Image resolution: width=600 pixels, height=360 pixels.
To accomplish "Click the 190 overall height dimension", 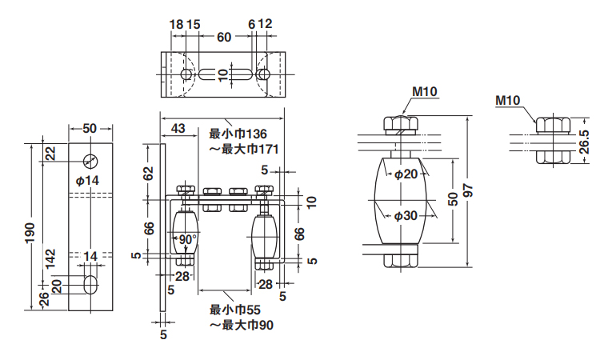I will click(x=29, y=227).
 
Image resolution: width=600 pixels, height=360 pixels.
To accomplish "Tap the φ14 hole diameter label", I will click(x=87, y=181).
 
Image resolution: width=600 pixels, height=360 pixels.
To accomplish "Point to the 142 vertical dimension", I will click(x=50, y=258).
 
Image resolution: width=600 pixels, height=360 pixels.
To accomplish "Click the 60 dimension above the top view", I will click(x=224, y=36).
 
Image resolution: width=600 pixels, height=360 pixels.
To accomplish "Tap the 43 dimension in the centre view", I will click(x=178, y=128).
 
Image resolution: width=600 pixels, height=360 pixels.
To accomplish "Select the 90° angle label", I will click(x=186, y=239).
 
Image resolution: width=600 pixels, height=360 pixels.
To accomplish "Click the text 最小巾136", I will click(x=237, y=134).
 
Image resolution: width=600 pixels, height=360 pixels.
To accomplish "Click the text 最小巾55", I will click(x=233, y=310).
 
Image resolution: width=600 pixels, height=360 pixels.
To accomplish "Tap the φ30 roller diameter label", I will click(x=405, y=215).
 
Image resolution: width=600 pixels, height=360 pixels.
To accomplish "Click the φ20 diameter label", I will click(x=405, y=173).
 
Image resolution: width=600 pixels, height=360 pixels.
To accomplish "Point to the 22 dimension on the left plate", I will click(x=50, y=154).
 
